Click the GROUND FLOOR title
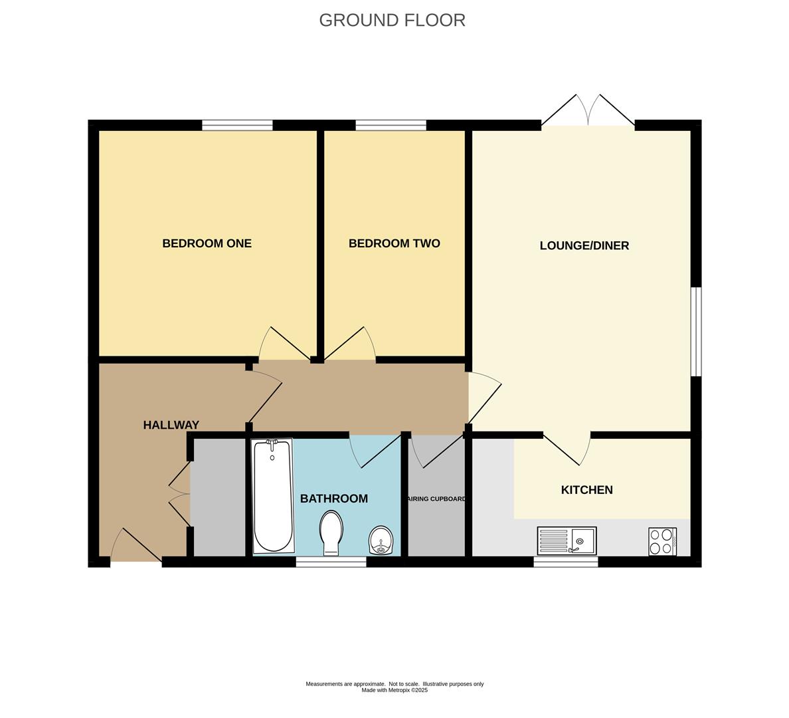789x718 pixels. (x=392, y=20)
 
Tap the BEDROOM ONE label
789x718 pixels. (x=207, y=243)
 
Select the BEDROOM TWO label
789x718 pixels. (x=394, y=243)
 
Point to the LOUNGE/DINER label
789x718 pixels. (x=584, y=245)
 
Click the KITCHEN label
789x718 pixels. (x=586, y=490)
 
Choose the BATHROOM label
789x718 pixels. (x=333, y=499)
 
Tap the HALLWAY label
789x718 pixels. (x=171, y=425)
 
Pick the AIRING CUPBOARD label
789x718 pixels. (x=436, y=499)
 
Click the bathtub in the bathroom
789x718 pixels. (x=272, y=496)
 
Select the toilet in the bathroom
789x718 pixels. (x=331, y=533)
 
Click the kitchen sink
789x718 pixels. (x=567, y=540)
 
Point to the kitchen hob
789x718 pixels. (x=662, y=541)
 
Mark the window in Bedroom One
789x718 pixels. (x=238, y=125)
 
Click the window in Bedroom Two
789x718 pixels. (x=391, y=125)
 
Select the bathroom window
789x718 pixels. (x=331, y=562)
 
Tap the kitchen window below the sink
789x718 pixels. (x=566, y=562)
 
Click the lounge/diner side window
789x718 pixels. (x=696, y=332)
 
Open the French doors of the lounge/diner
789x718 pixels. (x=588, y=110)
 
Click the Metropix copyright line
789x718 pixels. (x=394, y=690)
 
